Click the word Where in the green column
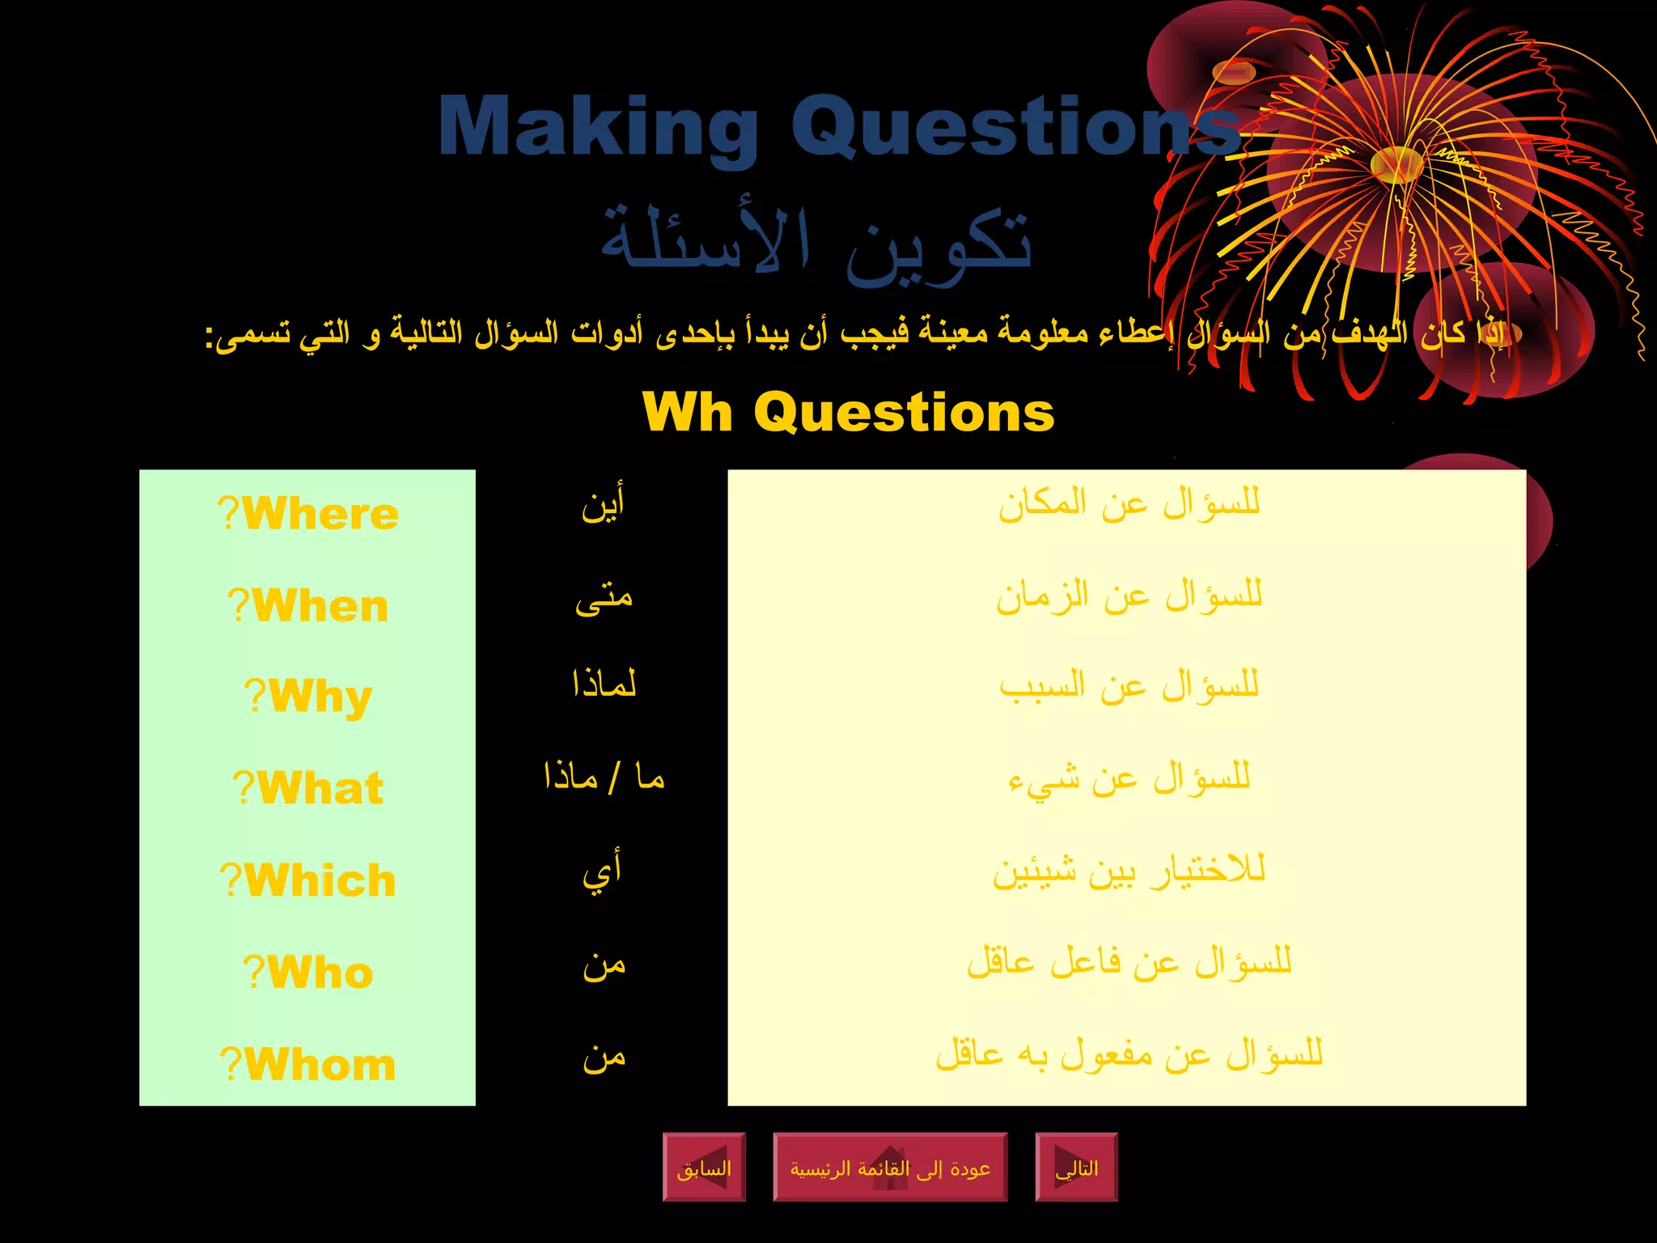click(320, 514)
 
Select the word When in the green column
click(320, 606)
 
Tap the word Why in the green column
click(320, 697)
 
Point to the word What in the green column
click(320, 788)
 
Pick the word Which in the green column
click(320, 880)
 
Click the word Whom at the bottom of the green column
click(320, 1064)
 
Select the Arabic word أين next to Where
click(604, 505)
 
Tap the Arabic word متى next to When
click(604, 599)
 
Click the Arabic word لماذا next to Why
click(604, 685)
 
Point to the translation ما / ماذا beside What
click(604, 778)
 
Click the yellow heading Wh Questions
click(848, 412)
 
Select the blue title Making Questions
click(840, 126)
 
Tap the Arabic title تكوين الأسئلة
click(816, 240)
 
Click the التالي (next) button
click(1076, 1168)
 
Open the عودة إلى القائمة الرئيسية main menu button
click(890, 1168)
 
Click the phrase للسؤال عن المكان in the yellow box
click(1129, 504)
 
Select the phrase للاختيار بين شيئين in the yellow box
click(1129, 871)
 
